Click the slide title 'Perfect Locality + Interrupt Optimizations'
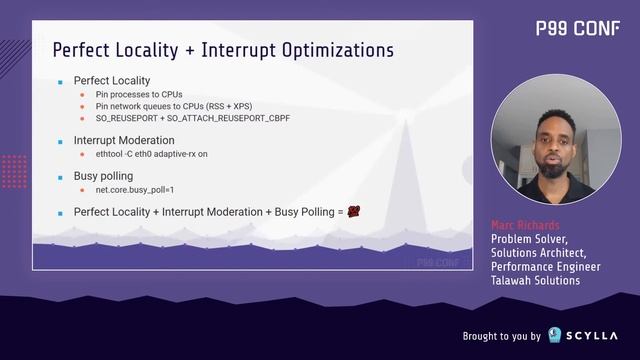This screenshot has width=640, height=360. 222,50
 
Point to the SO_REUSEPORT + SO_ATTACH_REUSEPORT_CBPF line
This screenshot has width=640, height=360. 199,118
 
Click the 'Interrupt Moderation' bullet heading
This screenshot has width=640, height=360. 124,141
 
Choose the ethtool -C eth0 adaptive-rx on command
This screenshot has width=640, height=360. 165,155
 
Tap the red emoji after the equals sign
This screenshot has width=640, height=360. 354,211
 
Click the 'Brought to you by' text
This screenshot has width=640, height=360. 501,336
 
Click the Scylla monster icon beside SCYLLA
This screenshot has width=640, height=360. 557,335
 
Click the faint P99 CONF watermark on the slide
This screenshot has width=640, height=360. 444,263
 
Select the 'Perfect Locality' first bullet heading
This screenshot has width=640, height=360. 112,79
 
